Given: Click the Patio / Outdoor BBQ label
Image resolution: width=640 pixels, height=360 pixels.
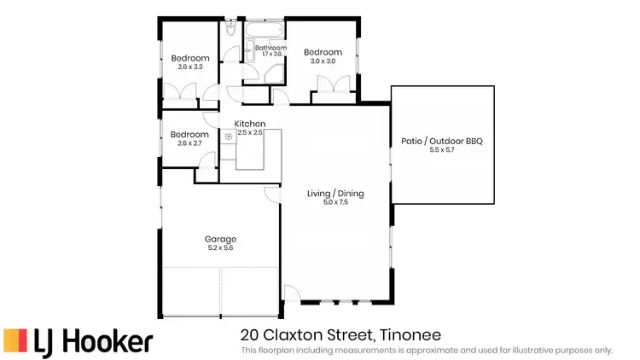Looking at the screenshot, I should [442, 141].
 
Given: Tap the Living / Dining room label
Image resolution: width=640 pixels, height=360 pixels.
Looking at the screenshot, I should [335, 194].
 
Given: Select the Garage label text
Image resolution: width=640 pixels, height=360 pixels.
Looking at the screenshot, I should [220, 239].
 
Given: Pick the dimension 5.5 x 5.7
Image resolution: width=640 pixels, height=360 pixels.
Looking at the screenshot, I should [442, 150].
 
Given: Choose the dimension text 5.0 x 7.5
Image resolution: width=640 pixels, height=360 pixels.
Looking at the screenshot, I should [335, 203].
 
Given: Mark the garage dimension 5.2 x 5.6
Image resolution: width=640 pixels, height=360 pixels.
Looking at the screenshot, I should [220, 248].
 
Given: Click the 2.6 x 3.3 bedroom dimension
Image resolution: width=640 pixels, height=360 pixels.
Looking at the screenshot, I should [189, 67].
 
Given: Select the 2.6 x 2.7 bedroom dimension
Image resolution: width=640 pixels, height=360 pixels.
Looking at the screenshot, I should [189, 143].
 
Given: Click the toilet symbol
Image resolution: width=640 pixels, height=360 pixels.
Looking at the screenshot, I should [231, 29].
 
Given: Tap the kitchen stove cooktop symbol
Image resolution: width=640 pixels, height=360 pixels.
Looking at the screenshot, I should [229, 136].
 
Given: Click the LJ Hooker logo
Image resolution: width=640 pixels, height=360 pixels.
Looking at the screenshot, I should [79, 340].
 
